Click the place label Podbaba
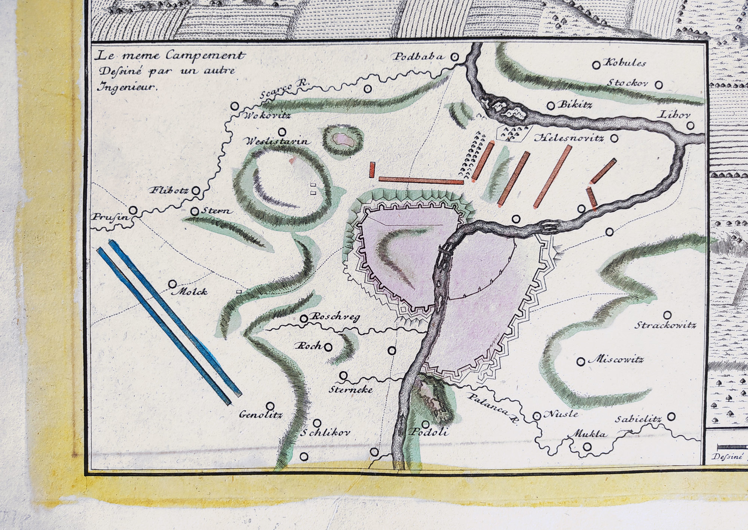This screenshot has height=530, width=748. point(418,57)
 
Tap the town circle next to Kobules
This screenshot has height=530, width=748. point(596,65)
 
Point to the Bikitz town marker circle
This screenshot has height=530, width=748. point(551,105)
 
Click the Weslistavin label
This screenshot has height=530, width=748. point(276,142)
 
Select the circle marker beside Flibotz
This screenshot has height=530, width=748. point(196,191)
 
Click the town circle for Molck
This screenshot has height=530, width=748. point(172,284)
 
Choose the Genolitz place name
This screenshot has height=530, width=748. point(261,415)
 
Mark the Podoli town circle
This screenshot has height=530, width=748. point(426,425)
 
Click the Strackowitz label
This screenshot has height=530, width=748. point(665,325)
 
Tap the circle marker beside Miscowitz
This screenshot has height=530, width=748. point(581,361)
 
